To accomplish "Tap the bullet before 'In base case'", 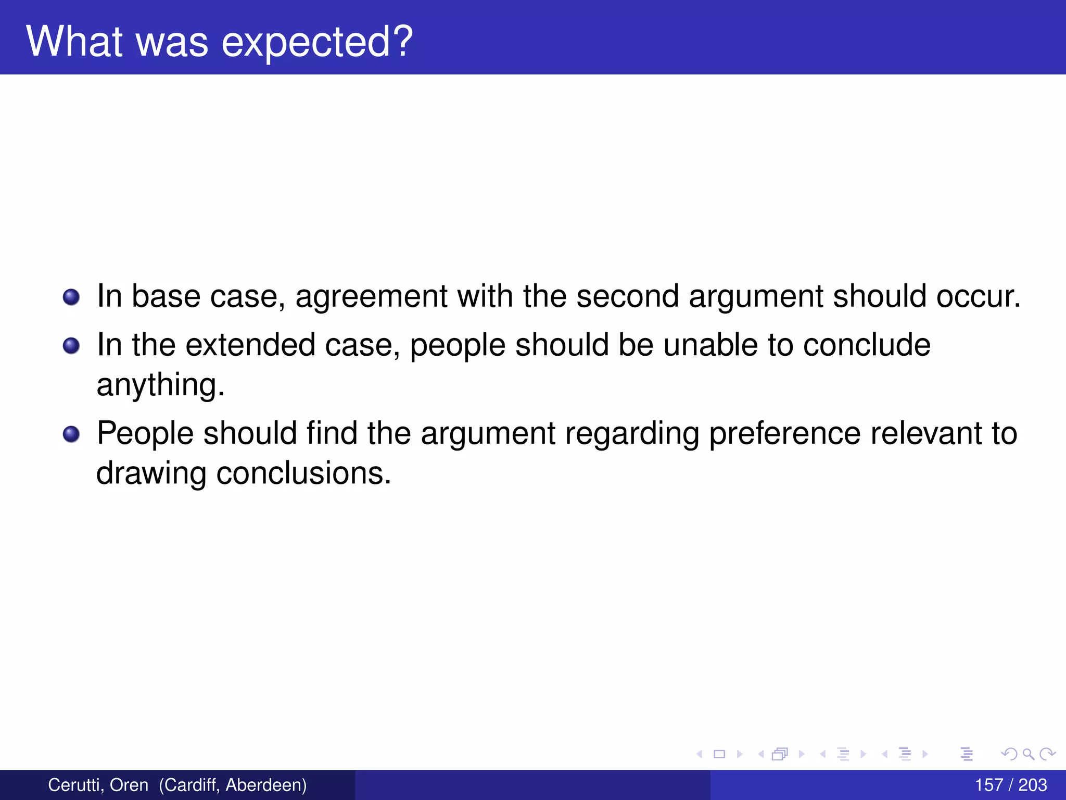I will [x=71, y=297].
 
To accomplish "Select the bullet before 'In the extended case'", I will [x=71, y=346].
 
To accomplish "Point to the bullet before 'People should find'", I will [x=71, y=434].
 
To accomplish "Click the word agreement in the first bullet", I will [x=371, y=297].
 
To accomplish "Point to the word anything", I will [x=160, y=385].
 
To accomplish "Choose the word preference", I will [x=784, y=434].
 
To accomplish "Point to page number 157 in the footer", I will [x=988, y=785].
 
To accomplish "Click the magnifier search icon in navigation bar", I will [x=1028, y=754].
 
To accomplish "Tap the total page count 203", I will [x=1033, y=785].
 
